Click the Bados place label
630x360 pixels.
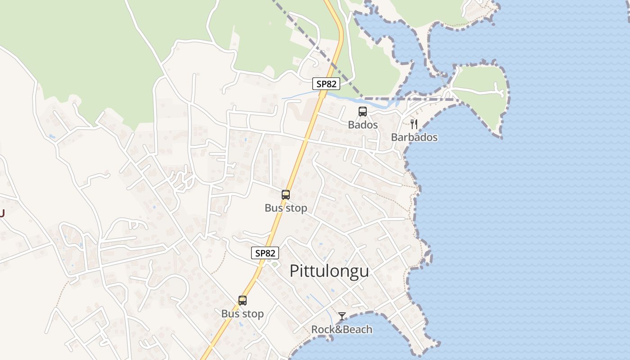(363, 125)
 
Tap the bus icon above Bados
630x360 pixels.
(363, 112)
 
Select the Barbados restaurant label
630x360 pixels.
(414, 137)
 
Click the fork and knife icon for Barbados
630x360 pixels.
(414, 124)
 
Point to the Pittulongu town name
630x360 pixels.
(329, 271)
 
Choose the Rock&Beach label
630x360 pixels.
(342, 329)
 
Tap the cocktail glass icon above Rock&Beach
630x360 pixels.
(342, 316)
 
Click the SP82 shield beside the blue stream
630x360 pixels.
(326, 84)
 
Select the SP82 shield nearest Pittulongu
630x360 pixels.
(265, 253)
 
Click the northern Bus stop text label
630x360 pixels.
(286, 208)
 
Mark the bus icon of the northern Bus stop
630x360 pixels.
(286, 195)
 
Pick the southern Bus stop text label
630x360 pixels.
(243, 314)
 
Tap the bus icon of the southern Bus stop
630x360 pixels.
(243, 301)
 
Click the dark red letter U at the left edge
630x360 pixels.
(2, 213)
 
